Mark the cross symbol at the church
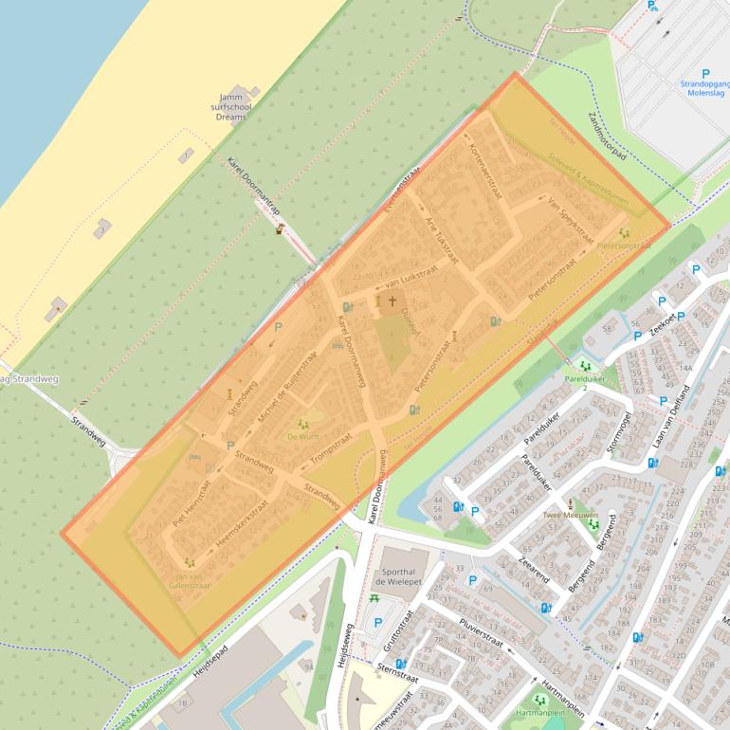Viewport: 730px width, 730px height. (x=392, y=301)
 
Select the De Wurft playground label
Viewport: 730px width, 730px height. (x=303, y=437)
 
